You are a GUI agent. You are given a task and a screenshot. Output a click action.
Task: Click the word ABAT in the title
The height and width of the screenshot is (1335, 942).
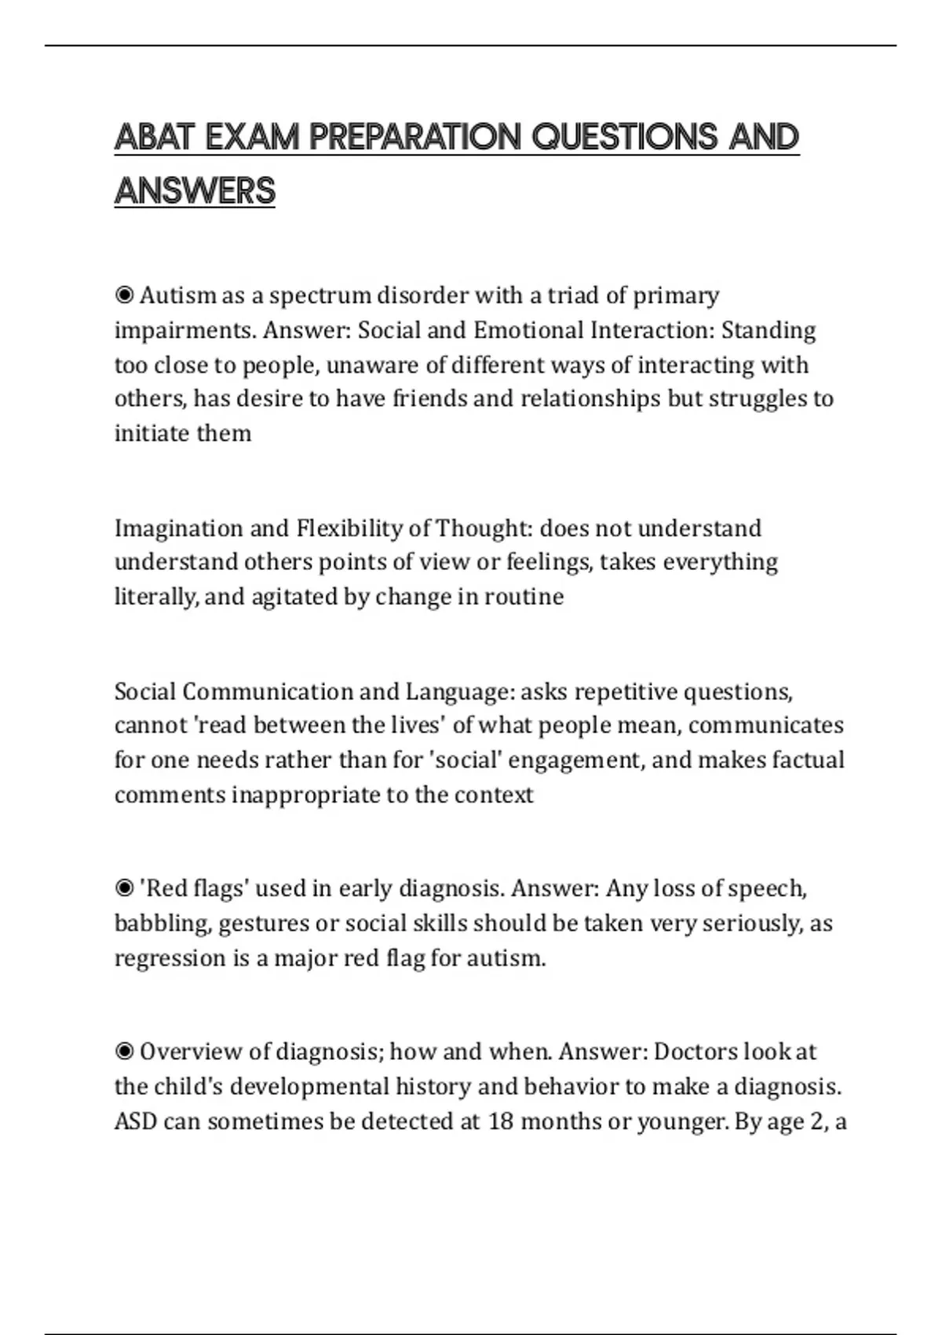(153, 137)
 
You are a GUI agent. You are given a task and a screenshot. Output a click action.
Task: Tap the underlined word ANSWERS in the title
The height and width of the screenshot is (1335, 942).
(195, 191)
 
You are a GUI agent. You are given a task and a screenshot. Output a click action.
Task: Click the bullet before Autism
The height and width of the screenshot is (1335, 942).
(124, 296)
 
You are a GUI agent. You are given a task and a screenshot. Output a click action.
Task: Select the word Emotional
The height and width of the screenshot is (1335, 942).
(528, 330)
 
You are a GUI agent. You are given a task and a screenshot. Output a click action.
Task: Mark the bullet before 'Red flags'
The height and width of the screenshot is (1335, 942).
(124, 889)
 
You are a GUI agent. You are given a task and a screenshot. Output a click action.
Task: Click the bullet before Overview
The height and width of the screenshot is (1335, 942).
(124, 1052)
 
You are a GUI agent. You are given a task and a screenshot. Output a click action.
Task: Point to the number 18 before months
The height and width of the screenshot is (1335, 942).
(500, 1121)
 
